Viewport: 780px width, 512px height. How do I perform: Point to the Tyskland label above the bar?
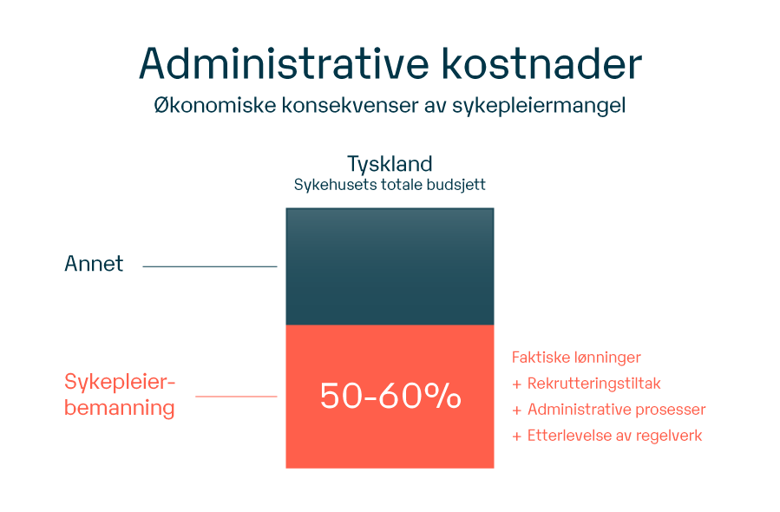click(390, 164)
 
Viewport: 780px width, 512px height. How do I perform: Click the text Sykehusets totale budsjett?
click(390, 185)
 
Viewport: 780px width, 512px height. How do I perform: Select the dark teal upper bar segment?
click(390, 266)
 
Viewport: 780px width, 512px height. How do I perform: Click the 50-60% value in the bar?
click(390, 397)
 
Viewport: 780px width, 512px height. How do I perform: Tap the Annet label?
click(94, 264)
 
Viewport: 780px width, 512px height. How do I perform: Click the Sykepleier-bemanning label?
click(120, 395)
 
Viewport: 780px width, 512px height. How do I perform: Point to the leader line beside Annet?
click(209, 266)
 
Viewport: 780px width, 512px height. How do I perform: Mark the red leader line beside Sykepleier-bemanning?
click(236, 397)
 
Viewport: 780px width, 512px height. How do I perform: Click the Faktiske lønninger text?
click(576, 358)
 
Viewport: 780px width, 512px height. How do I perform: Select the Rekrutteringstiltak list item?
click(594, 384)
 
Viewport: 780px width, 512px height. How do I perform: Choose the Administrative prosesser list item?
click(616, 410)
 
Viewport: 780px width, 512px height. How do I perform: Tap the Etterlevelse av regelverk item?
click(614, 436)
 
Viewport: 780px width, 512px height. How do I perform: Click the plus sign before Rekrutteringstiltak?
click(517, 384)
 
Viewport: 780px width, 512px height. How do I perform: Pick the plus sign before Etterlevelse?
click(517, 436)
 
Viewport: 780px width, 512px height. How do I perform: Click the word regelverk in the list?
click(671, 436)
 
